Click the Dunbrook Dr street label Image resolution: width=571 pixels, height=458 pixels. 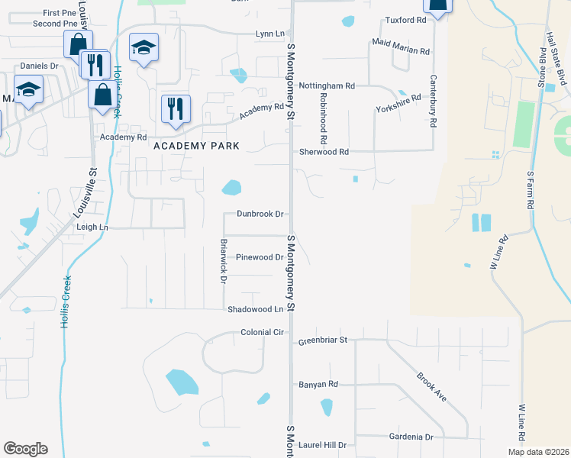(260, 214)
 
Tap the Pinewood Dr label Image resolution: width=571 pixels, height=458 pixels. (260, 257)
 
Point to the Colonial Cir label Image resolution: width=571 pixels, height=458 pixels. (262, 333)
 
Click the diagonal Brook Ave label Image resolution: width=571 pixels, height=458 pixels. (431, 386)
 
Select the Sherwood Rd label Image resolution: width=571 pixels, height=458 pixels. (324, 152)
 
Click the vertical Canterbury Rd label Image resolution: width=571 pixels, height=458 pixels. (433, 100)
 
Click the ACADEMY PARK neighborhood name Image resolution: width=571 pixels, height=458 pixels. (196, 145)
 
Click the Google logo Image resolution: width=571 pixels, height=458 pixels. (25, 449)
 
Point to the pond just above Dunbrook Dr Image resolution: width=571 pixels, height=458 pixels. (231, 187)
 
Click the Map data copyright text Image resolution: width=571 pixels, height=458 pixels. (538, 452)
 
